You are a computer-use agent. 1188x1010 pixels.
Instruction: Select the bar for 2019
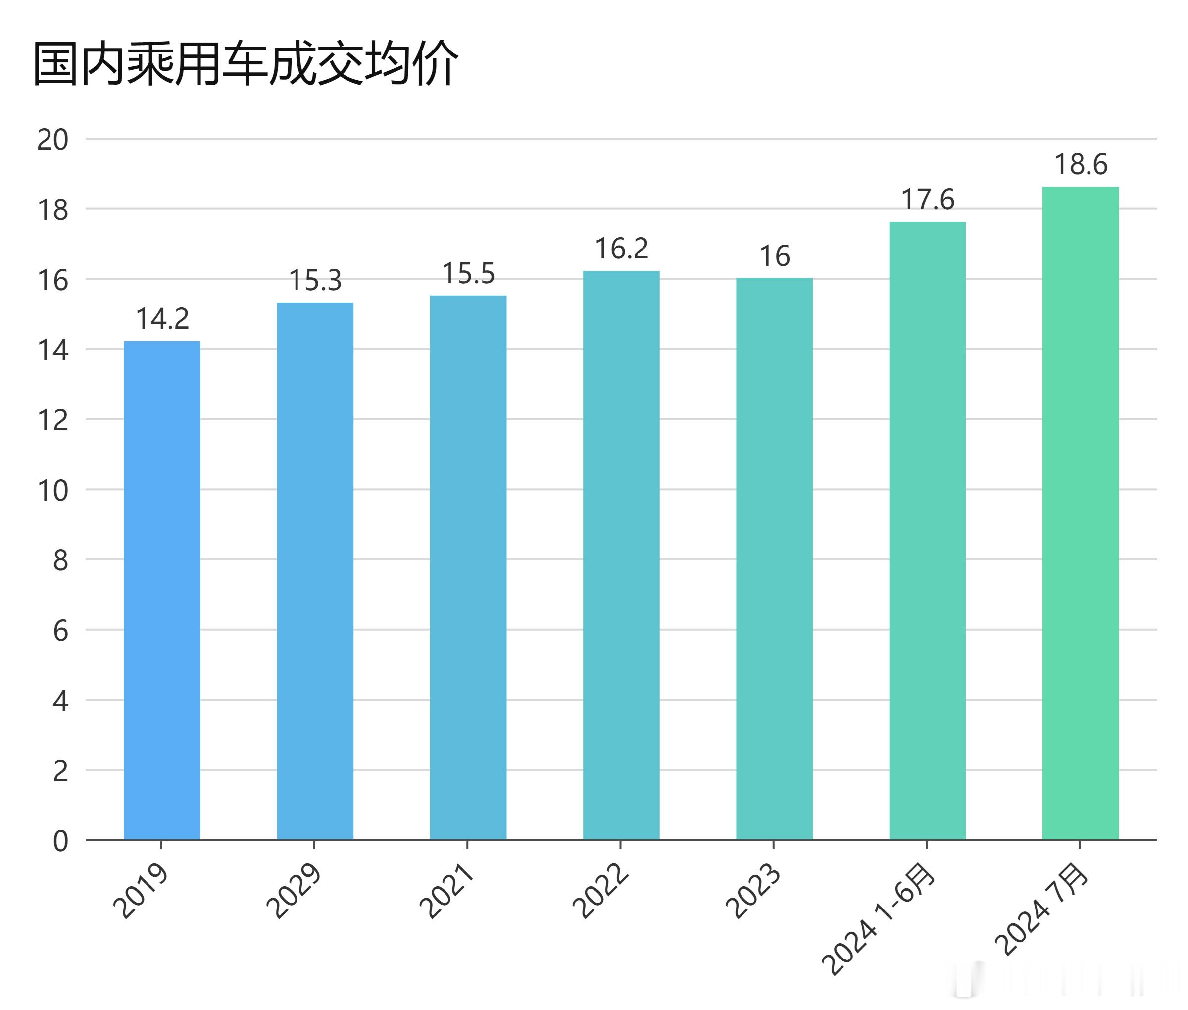pyautogui.click(x=162, y=590)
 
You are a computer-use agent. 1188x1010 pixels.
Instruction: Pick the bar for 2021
pyautogui.click(x=468, y=567)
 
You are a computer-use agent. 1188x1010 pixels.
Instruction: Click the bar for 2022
pyautogui.click(x=621, y=555)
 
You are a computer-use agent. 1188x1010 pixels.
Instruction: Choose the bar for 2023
pyautogui.click(x=774, y=558)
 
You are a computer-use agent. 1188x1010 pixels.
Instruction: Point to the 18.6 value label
pyautogui.click(x=1081, y=165)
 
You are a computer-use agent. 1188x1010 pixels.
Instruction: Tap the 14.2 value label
pyautogui.click(x=162, y=319)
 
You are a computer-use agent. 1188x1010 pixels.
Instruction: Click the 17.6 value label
pyautogui.click(x=928, y=200)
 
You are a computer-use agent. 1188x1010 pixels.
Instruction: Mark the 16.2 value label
pyautogui.click(x=621, y=249)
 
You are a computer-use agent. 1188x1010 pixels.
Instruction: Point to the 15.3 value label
pyautogui.click(x=315, y=281)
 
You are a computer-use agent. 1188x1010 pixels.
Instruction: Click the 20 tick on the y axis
pyautogui.click(x=52, y=140)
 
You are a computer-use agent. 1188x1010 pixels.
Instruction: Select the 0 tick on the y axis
pyautogui.click(x=60, y=842)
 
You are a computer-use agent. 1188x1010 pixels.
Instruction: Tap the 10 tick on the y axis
pyautogui.click(x=52, y=491)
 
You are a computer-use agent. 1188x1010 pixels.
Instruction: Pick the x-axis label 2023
pyautogui.click(x=752, y=892)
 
